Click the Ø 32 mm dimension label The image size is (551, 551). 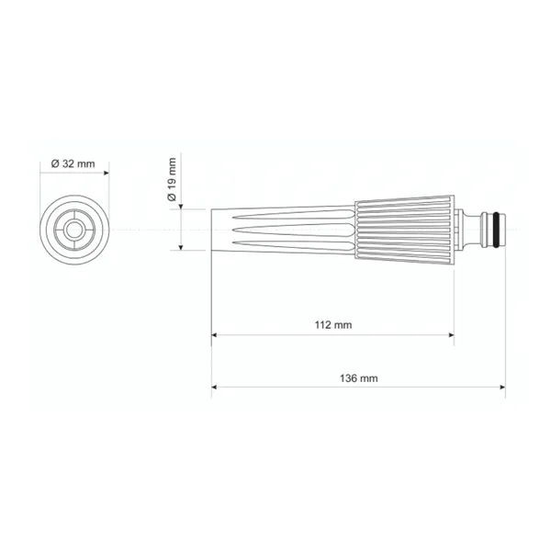73,163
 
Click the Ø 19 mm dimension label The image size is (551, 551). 172,179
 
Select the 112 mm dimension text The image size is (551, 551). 333,325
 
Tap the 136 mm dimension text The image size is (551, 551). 359,378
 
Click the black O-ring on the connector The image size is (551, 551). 496,230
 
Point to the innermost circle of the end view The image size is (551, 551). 74,230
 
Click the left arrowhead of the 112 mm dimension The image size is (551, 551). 214,335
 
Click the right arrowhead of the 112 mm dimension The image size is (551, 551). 451,335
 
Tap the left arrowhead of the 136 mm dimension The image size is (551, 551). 214,387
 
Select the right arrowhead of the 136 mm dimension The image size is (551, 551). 502,387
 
